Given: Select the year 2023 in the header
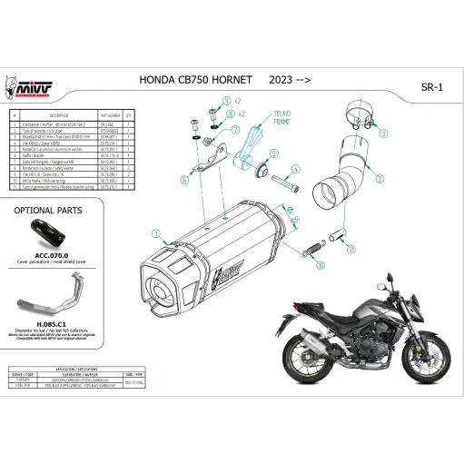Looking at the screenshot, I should click(281, 80).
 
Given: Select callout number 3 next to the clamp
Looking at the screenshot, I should click(383, 133).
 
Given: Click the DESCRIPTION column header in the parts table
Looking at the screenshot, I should click(59, 116).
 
